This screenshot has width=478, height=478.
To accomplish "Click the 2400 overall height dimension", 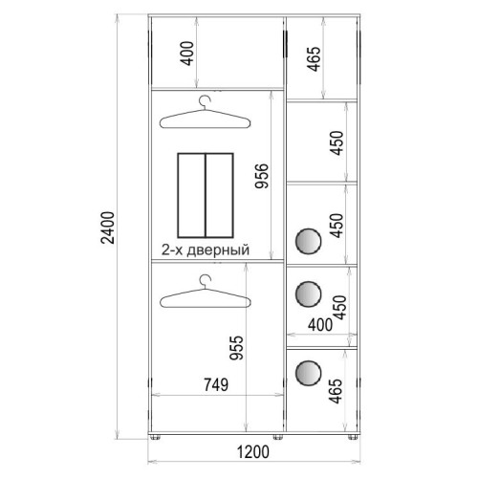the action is tap(108, 228).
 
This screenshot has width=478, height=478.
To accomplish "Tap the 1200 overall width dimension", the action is tap(253, 452).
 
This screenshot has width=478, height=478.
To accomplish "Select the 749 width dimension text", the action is tap(216, 384).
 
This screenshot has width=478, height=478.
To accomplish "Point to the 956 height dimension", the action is tap(262, 176).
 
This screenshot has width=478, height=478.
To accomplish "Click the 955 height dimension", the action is tap(236, 348).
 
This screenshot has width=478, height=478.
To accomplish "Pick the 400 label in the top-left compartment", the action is tap(187, 54).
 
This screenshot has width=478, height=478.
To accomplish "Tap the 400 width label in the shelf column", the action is tap(320, 325).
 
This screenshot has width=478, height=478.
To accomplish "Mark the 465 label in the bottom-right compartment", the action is tap(336, 391).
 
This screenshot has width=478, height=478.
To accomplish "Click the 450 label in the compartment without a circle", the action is tap(337, 142).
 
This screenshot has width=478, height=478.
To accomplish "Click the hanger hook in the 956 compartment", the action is tap(205, 102).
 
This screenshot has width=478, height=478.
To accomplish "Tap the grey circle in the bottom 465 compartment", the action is tap(308, 373).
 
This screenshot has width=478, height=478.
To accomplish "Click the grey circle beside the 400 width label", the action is tap(308, 293).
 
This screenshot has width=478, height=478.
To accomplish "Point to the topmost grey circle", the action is tap(308, 241).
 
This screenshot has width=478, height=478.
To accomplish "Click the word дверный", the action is tap(218, 250).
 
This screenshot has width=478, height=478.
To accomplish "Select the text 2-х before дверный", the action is tap(172, 250).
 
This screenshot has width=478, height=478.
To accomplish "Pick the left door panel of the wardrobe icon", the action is tap(191, 195).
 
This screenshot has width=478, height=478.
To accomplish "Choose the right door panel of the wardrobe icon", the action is tap(219, 195).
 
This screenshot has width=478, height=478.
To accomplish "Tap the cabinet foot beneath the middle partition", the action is tap(278, 437).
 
